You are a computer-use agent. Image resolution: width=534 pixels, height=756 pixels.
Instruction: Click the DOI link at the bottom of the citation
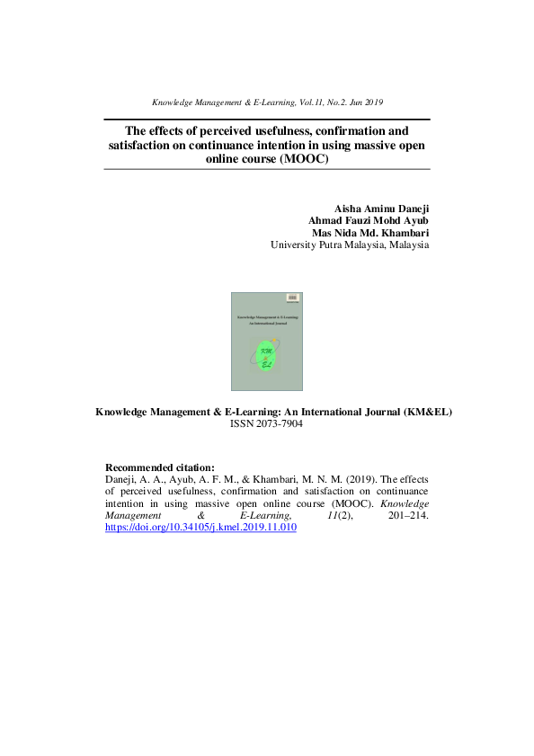coord(200,528)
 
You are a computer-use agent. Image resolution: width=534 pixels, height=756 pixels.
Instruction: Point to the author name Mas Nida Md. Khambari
coord(370,232)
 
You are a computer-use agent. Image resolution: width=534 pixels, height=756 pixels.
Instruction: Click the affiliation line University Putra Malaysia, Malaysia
coord(350,245)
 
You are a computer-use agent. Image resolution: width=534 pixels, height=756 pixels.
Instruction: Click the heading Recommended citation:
coord(160,467)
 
